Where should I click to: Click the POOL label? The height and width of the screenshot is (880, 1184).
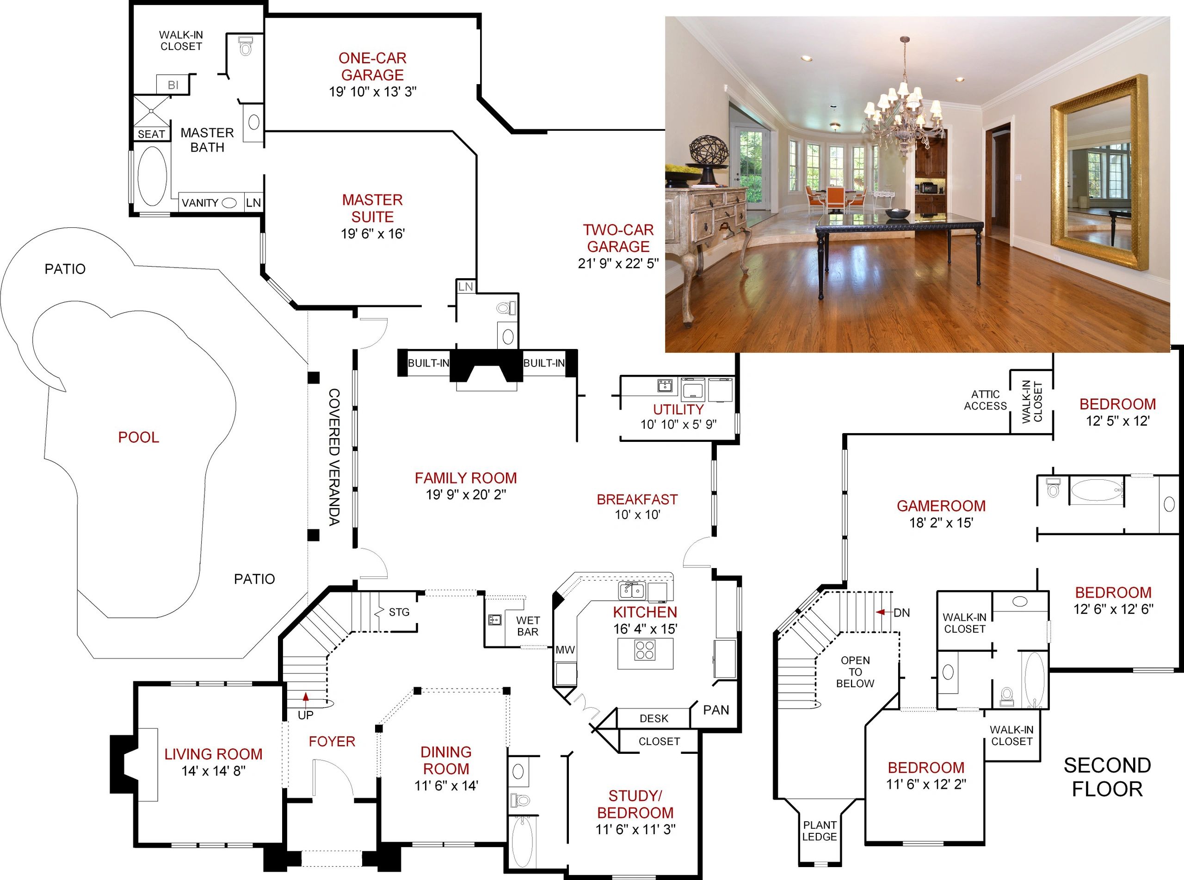pyautogui.click(x=139, y=437)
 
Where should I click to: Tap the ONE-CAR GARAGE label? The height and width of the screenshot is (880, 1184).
pyautogui.click(x=372, y=67)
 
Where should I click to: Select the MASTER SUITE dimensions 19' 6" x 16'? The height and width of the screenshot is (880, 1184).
pyautogui.click(x=373, y=234)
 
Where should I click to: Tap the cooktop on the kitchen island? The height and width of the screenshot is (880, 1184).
pyautogui.click(x=645, y=650)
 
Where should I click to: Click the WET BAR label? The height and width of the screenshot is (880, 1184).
pyautogui.click(x=528, y=626)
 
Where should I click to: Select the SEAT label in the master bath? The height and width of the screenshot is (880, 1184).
pyautogui.click(x=151, y=134)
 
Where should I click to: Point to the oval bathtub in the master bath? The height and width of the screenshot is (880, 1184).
pyautogui.click(x=153, y=176)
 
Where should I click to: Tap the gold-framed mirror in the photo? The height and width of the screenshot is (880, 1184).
pyautogui.click(x=1099, y=171)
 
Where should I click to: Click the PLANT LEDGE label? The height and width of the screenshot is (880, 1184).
pyautogui.click(x=820, y=831)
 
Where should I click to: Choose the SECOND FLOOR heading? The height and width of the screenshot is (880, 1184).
pyautogui.click(x=1107, y=777)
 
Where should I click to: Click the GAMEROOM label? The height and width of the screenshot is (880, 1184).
pyautogui.click(x=941, y=506)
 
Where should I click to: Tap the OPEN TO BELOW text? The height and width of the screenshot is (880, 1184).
pyautogui.click(x=855, y=672)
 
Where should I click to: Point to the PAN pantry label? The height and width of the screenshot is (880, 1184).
pyautogui.click(x=716, y=710)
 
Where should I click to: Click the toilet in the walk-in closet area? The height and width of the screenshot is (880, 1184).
pyautogui.click(x=245, y=46)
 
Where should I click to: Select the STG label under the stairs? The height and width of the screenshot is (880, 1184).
pyautogui.click(x=399, y=612)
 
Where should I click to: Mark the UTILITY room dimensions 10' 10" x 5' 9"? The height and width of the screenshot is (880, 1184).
pyautogui.click(x=678, y=425)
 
